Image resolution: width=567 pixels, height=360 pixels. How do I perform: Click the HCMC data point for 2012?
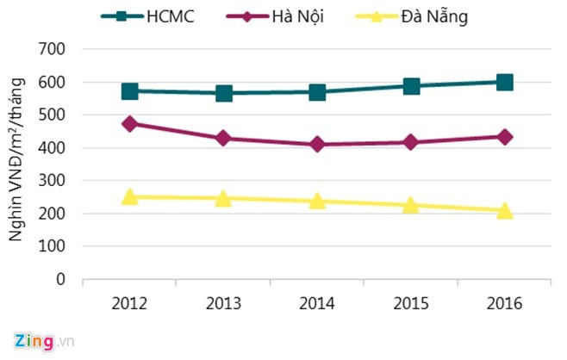pos(130,91)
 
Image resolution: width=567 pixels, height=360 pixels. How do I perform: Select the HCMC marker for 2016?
pos(505,83)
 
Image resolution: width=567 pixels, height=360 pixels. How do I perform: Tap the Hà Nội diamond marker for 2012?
pos(130,123)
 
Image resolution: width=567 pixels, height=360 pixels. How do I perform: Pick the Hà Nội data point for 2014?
pos(318,144)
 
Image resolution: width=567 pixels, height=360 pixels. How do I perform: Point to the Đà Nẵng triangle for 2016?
pos(505,210)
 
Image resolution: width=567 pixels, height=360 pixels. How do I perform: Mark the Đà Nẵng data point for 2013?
pos(224,198)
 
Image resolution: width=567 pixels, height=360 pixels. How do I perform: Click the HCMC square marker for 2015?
pos(411,86)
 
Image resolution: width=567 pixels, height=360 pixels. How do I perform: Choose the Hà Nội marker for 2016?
pos(505,136)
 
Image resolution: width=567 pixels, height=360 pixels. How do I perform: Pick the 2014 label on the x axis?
pos(317,303)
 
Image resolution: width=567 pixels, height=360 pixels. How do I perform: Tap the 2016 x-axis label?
pos(505,303)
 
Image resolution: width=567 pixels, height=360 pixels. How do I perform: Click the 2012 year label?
pos(130,303)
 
